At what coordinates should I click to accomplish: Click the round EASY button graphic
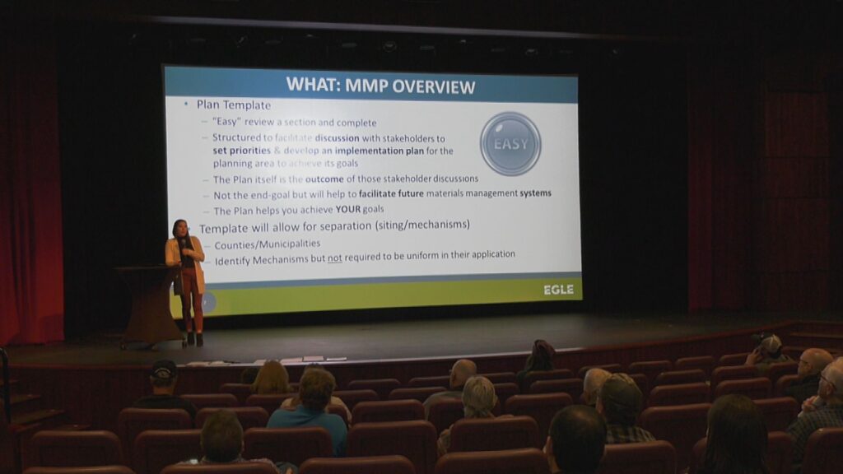click(x=510, y=143)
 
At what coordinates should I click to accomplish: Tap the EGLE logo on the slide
click(x=559, y=290)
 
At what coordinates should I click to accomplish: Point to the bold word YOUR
click(x=348, y=209)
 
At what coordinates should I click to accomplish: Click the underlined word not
click(x=335, y=258)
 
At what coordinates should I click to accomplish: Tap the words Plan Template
click(x=233, y=105)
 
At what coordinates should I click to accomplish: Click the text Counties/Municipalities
click(x=268, y=244)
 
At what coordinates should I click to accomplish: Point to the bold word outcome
click(x=324, y=179)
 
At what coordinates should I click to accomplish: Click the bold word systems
click(x=535, y=193)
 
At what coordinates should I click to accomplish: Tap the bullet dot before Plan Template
click(x=186, y=104)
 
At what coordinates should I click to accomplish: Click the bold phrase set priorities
click(x=241, y=151)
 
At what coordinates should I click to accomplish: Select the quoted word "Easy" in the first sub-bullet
click(x=226, y=122)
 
